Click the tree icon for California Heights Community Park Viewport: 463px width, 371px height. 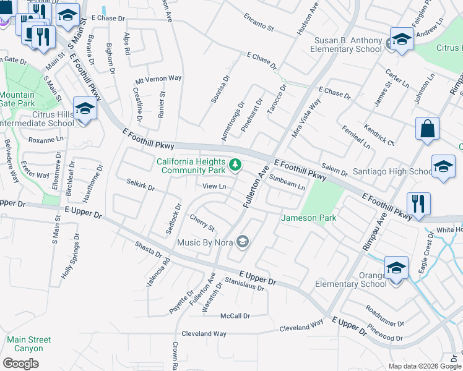[235, 164]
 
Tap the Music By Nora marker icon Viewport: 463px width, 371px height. [243, 242]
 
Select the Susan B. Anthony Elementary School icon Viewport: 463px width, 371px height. [401, 40]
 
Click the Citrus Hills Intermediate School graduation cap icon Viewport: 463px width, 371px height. [84, 109]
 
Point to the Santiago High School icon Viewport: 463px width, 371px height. [443, 166]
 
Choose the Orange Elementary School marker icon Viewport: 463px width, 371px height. [396, 268]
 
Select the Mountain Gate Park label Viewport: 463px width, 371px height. [17, 100]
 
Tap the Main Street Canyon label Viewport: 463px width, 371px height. [29, 344]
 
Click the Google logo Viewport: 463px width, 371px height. [20, 363]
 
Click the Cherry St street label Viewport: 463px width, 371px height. [202, 220]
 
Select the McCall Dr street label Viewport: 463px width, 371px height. [235, 316]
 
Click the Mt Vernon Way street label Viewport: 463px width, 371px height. [158, 79]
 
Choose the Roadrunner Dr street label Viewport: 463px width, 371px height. [384, 316]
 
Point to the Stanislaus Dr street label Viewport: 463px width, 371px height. [244, 284]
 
